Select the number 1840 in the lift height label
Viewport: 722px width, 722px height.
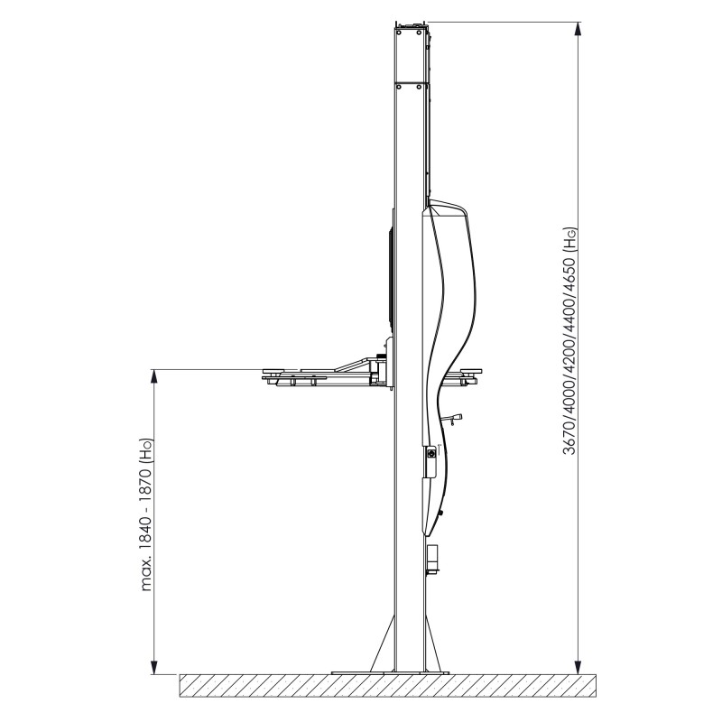point(146,529)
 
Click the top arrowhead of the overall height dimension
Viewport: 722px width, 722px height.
point(579,29)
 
